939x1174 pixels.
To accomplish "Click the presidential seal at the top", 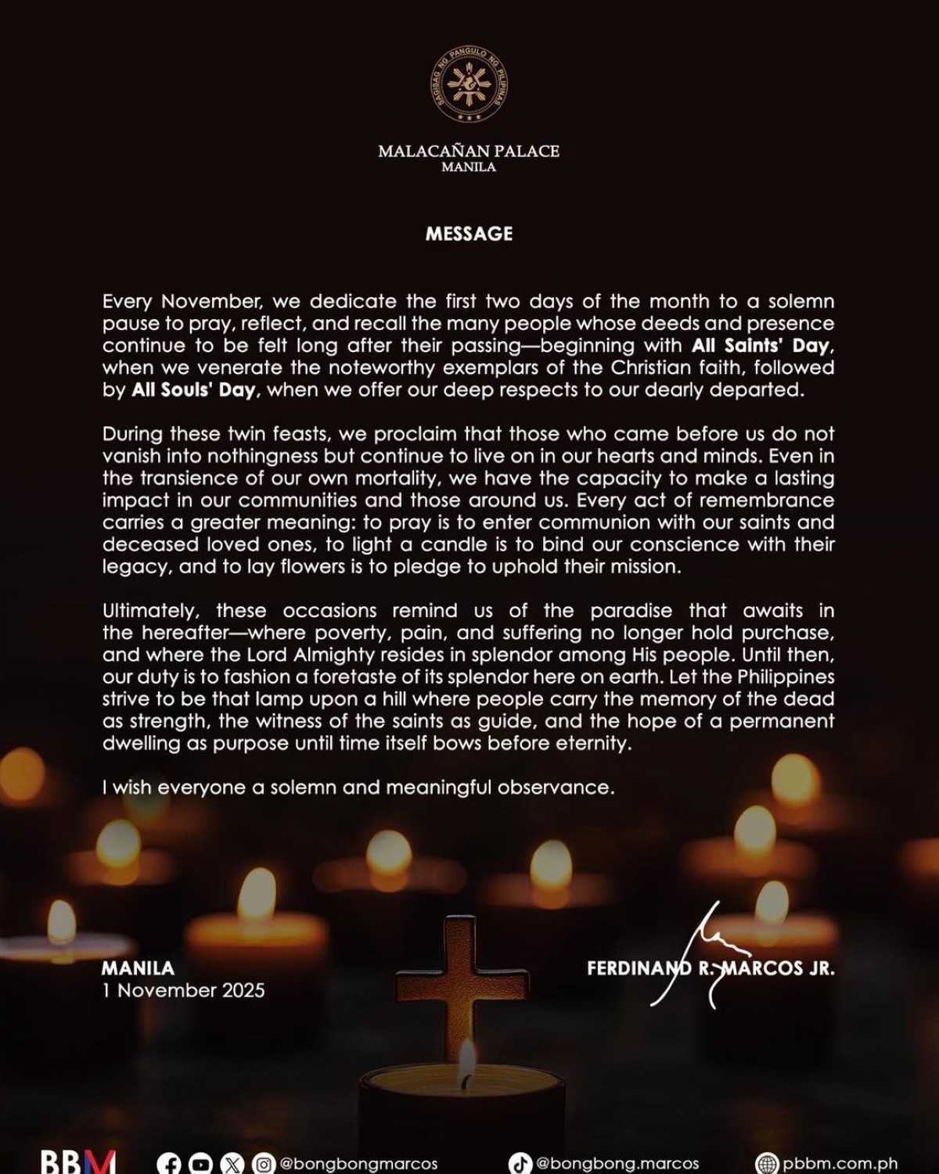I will (469, 85).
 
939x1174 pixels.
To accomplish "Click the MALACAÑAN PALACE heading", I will (469, 151).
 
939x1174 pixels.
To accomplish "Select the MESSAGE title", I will (469, 234).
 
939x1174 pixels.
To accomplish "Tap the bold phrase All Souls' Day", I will (193, 390).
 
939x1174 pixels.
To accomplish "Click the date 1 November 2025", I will (183, 990).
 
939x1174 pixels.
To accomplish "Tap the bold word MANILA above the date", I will (138, 968).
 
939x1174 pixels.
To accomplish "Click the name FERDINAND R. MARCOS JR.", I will (711, 968).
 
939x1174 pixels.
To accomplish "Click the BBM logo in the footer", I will (77, 1162).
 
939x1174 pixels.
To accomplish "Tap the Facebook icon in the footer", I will (169, 1164).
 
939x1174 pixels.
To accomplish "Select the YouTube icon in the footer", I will (200, 1164).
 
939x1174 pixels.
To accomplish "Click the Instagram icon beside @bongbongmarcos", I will (264, 1164).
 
